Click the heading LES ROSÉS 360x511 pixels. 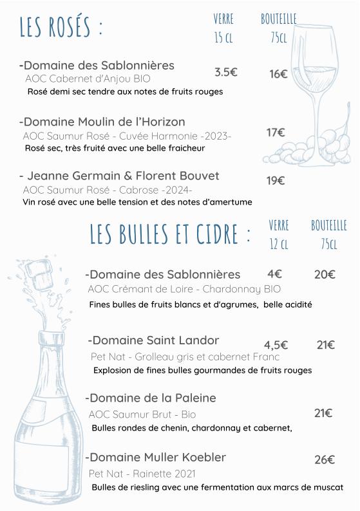(x=61, y=28)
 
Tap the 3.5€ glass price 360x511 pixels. (x=225, y=72)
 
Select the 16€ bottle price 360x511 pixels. (x=278, y=74)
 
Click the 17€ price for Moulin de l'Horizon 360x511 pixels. (x=276, y=133)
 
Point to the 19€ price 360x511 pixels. (x=276, y=181)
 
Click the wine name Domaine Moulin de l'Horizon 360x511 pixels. (x=104, y=122)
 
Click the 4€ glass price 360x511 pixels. (x=274, y=274)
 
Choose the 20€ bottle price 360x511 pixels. (x=325, y=274)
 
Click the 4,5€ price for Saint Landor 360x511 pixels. (x=276, y=345)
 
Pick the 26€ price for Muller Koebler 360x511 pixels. (x=325, y=460)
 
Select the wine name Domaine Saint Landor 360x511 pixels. (x=155, y=340)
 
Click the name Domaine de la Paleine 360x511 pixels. (x=153, y=398)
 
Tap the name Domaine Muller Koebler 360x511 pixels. (x=157, y=458)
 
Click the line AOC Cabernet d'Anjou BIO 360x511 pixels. (x=88, y=79)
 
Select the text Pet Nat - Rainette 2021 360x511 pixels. (x=142, y=474)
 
